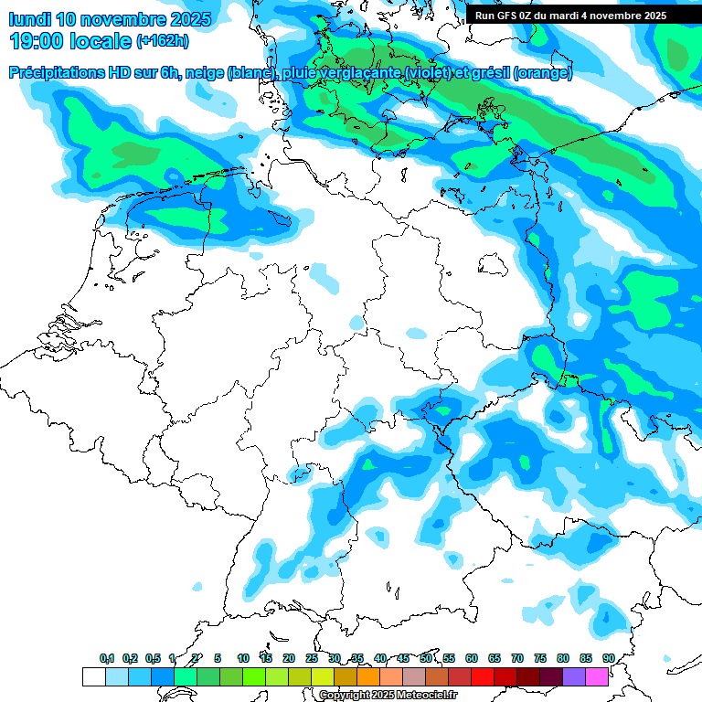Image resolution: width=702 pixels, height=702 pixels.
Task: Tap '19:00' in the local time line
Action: [37, 41]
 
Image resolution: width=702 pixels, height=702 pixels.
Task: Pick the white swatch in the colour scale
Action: [93, 676]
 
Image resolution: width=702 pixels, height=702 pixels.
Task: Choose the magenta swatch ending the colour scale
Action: [597, 676]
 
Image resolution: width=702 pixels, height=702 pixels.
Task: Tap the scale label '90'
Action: [608, 658]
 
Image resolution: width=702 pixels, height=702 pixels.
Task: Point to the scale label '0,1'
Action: [106, 658]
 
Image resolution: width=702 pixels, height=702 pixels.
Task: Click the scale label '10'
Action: [243, 658]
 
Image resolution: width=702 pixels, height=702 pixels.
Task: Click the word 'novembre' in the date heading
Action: [128, 19]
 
